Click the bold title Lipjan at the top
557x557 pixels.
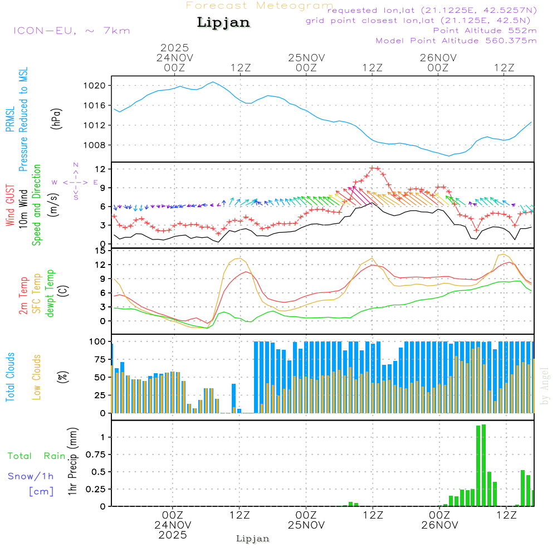[223, 23]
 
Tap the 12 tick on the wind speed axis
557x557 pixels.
[101, 169]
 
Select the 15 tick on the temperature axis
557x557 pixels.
[101, 250]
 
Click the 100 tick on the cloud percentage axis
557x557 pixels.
[99, 341]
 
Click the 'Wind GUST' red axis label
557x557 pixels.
[10, 205]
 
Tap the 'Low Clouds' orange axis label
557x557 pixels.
[37, 377]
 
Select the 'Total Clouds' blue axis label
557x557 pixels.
[10, 377]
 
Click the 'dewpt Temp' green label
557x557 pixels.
[50, 294]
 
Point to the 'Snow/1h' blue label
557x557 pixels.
[31, 476]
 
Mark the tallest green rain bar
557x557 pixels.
[483, 465]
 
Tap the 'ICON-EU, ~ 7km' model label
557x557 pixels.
[71, 31]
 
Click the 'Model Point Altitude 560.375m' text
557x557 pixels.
[456, 41]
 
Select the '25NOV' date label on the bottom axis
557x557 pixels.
[306, 525]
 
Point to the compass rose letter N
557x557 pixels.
[76, 165]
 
